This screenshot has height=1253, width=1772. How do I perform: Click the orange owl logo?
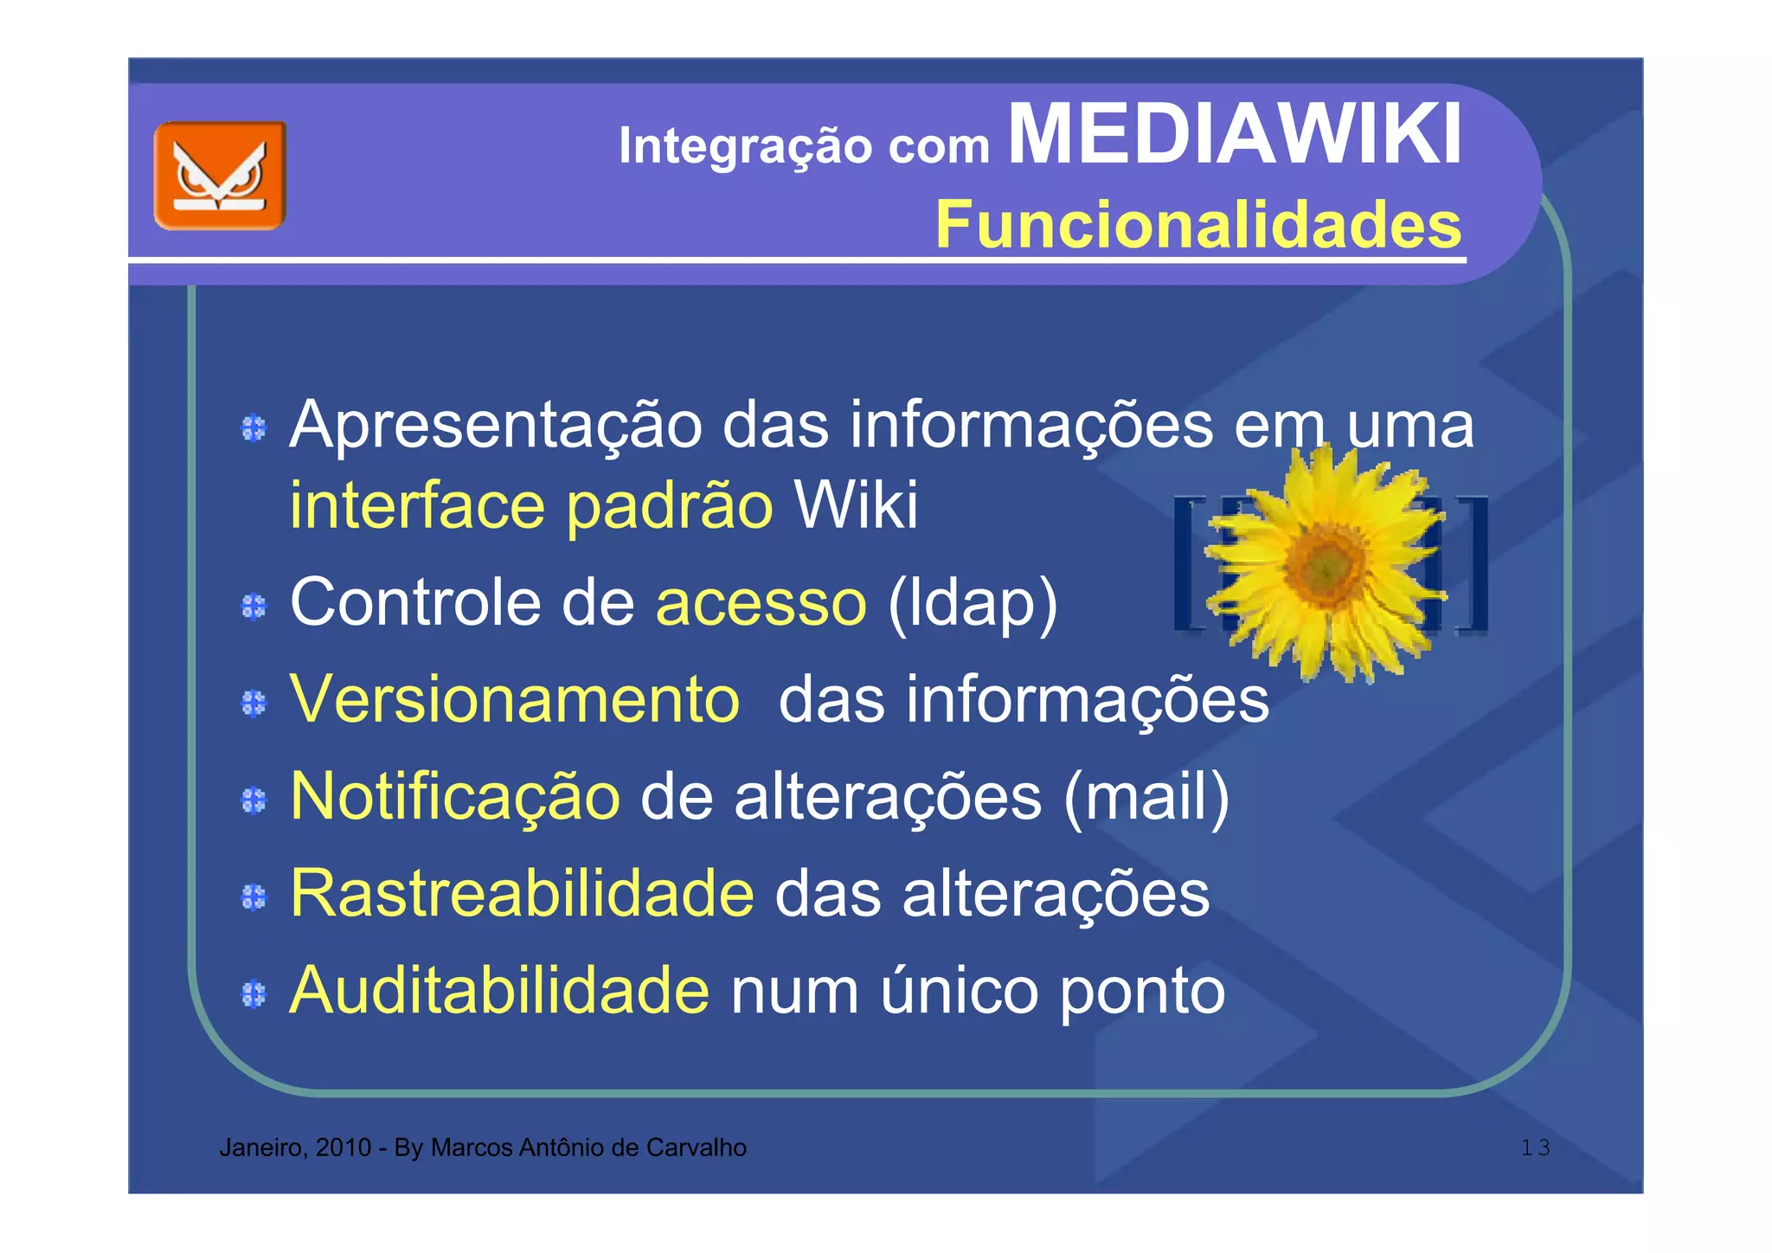click(x=220, y=176)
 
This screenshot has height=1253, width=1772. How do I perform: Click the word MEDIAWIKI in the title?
click(x=1235, y=134)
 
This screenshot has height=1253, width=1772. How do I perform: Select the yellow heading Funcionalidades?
click(x=1198, y=225)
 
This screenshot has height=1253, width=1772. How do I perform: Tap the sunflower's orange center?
click(x=1324, y=564)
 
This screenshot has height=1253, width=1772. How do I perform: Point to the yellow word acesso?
click(x=761, y=602)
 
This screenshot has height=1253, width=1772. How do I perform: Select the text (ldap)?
click(x=973, y=602)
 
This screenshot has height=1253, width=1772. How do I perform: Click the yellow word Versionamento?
click(x=515, y=699)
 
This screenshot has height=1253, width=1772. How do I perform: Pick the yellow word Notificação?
click(x=455, y=796)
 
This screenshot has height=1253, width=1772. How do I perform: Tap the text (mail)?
click(x=1146, y=796)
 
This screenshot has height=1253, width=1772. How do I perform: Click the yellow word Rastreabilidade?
click(x=522, y=893)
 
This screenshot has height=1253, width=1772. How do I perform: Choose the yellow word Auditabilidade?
click(x=499, y=990)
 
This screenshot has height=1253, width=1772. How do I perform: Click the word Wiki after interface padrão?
click(x=856, y=504)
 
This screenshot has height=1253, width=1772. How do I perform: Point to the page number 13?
click(x=1535, y=1148)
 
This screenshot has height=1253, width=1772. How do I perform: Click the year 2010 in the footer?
click(x=343, y=1148)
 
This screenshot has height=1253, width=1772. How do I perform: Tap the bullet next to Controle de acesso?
click(x=254, y=607)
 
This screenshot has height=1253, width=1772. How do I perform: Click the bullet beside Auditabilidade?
click(x=254, y=994)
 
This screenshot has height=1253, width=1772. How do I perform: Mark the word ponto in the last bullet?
click(x=1142, y=992)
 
